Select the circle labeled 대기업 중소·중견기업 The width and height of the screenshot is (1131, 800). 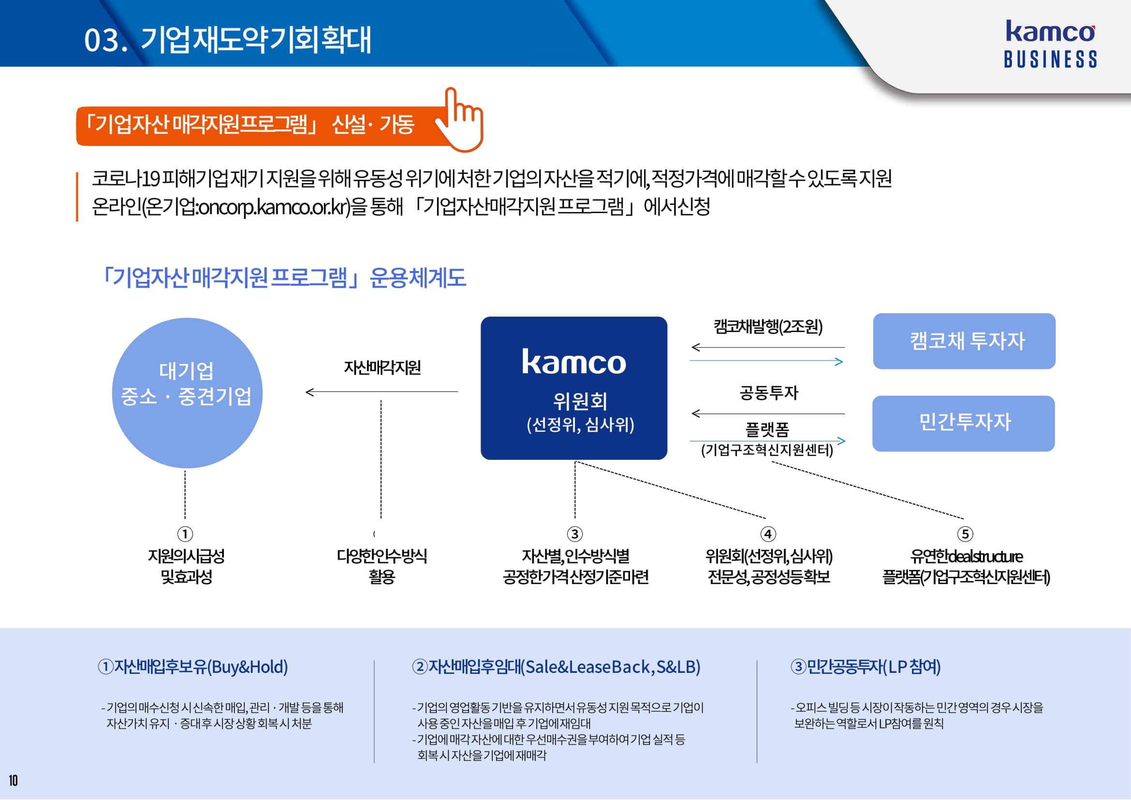click(187, 393)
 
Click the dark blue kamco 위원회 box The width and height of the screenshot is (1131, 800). click(573, 388)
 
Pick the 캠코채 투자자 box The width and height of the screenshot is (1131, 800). click(964, 341)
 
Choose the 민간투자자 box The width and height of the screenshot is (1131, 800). click(963, 423)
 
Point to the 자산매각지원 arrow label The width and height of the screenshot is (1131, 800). click(382, 367)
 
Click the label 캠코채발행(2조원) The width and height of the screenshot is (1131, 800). click(768, 327)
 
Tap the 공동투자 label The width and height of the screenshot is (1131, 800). click(768, 393)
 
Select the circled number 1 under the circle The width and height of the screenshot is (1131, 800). click(185, 534)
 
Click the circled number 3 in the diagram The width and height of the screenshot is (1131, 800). click(574, 534)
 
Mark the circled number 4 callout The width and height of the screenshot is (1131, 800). click(768, 534)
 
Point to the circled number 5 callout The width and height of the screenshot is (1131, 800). click(965, 534)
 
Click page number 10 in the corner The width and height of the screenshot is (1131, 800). click(14, 781)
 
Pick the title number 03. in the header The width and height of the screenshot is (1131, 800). click(105, 41)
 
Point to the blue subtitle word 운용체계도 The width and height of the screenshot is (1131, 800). click(417, 278)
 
